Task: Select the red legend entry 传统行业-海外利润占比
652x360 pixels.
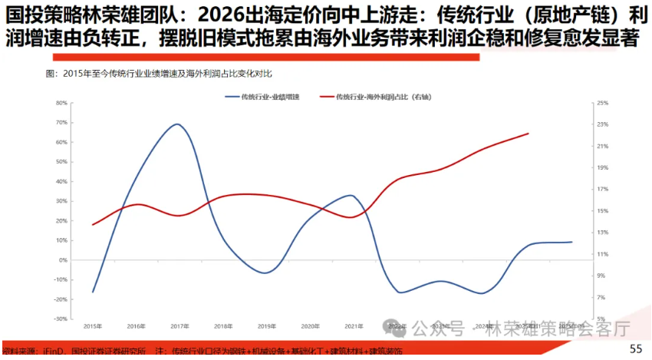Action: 384,97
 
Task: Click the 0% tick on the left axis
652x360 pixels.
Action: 64,260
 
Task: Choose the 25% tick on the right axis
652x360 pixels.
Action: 602,103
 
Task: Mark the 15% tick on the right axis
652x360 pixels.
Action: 602,211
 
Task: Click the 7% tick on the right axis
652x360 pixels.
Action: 601,297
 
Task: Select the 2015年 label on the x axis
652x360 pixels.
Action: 93,326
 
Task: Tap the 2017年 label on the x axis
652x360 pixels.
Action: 179,326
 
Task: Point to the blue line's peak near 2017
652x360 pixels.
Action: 176,124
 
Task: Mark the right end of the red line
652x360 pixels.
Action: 529,134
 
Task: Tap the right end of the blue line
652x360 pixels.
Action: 571,242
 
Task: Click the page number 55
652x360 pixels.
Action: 636,348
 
